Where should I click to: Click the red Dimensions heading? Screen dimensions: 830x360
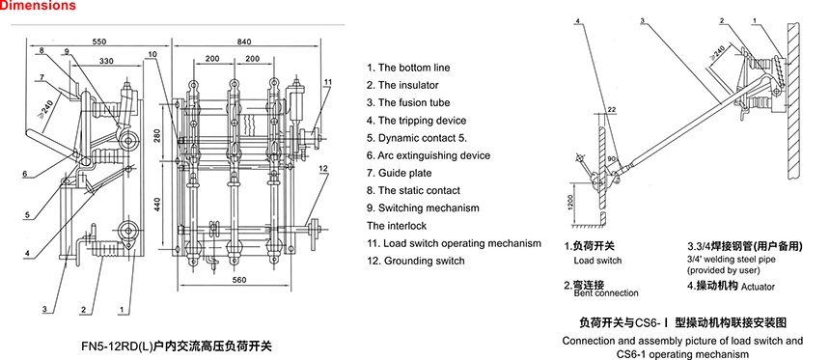tap(38, 6)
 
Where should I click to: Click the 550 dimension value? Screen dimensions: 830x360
tap(99, 41)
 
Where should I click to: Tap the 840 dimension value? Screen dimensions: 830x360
tap(244, 42)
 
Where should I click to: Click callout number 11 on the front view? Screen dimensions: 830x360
tap(328, 82)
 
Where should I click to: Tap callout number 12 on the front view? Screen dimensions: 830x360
tap(323, 168)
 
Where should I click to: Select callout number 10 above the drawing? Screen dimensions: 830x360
tap(152, 53)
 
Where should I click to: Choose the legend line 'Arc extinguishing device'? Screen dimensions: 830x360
tap(429, 155)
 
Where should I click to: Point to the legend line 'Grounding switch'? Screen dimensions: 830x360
tap(416, 261)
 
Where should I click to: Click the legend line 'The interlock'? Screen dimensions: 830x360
tap(397, 226)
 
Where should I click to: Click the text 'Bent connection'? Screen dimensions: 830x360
tap(606, 292)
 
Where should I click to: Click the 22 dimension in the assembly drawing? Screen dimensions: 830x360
tap(613, 110)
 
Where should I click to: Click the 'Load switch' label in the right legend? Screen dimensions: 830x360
tap(597, 261)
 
